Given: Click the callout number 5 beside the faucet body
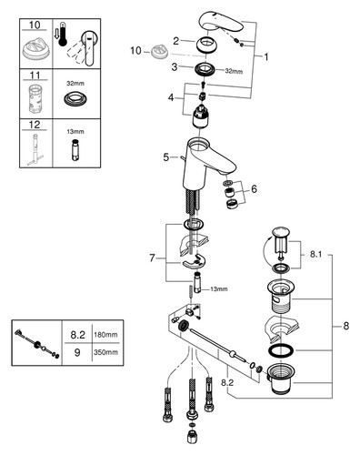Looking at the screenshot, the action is tap(166, 157).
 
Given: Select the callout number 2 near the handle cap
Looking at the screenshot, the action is tap(176, 41).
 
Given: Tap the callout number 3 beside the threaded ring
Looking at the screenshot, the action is tap(175, 66).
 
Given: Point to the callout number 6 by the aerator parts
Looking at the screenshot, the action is tap(254, 189).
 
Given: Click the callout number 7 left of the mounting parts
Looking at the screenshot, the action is tap(152, 258).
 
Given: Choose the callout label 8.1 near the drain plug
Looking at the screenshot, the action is tap(315, 255).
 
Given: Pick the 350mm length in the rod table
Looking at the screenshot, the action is tap(105, 352).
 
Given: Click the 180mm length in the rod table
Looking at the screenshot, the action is tap(105, 335).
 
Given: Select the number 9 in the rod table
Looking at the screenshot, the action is tap(77, 352).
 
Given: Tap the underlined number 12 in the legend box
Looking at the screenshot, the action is tap(35, 125).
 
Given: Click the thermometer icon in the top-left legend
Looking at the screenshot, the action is tap(63, 34).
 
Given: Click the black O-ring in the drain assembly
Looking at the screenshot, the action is tap(281, 350).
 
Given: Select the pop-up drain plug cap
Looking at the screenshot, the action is tap(281, 232).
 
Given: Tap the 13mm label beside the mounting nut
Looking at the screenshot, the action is tap(219, 289).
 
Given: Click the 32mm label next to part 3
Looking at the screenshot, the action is tap(234, 71).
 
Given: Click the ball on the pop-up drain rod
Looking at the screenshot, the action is tap(233, 353).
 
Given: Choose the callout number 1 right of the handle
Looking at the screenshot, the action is tap(266, 56).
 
